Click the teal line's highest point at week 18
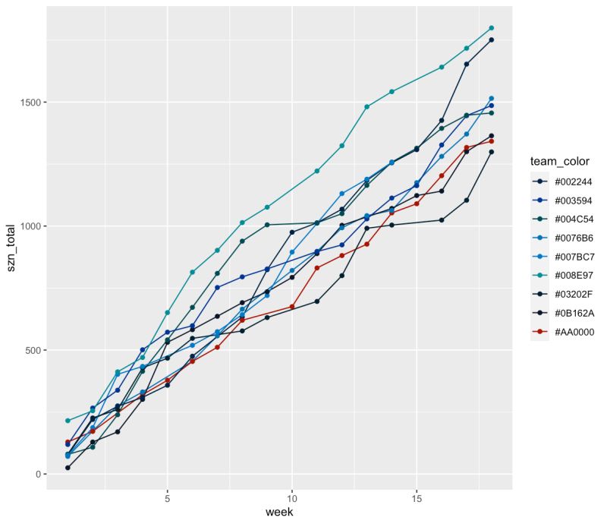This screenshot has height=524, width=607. tap(492, 28)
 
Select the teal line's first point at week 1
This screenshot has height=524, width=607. tap(68, 421)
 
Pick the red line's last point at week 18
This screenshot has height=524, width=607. tap(492, 141)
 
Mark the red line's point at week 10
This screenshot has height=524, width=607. tap(292, 307)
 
